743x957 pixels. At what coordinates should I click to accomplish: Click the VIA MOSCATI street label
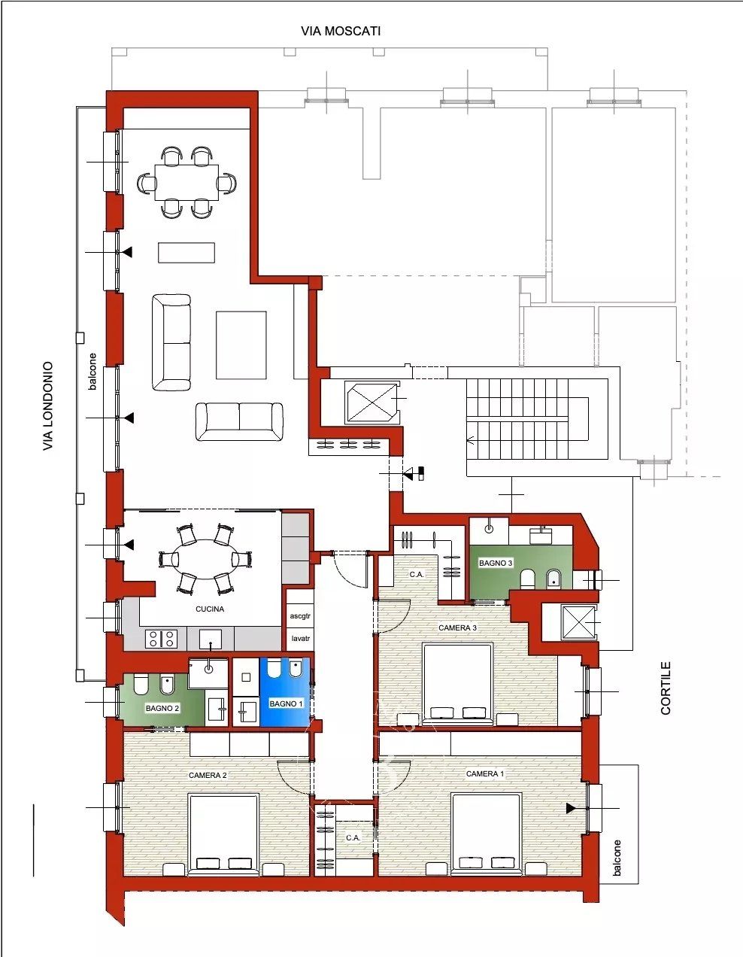341,32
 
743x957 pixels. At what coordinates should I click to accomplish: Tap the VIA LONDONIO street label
47,406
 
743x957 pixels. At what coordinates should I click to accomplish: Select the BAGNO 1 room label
286,703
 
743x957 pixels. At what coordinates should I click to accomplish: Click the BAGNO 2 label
162,708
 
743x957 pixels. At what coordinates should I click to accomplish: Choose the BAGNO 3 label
496,563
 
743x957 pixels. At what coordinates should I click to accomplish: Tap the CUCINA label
210,609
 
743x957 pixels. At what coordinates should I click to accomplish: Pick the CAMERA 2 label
208,775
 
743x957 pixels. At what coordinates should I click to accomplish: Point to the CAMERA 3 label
457,627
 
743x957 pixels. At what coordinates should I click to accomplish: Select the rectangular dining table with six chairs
187,182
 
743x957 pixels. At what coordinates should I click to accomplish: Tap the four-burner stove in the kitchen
161,639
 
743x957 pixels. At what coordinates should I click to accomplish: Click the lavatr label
300,638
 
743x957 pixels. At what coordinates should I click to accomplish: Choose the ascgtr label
300,615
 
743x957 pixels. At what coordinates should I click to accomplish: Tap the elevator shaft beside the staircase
373,403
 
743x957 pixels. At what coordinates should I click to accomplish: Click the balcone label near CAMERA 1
617,858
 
